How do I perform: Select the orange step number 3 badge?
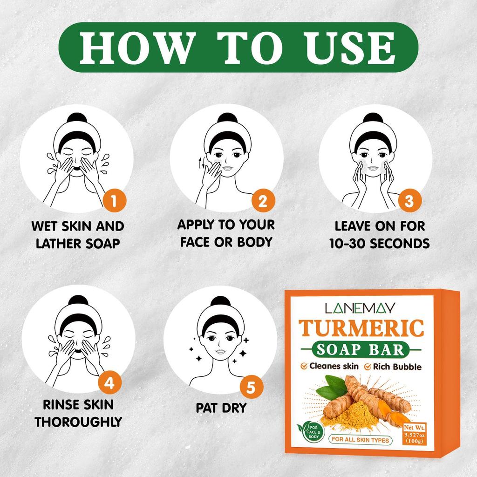coord(410,201)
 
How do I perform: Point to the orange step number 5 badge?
coord(251,388)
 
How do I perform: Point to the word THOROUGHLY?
coord(78,422)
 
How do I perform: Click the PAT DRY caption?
coord(221,408)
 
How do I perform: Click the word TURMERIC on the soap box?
coord(361,328)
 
